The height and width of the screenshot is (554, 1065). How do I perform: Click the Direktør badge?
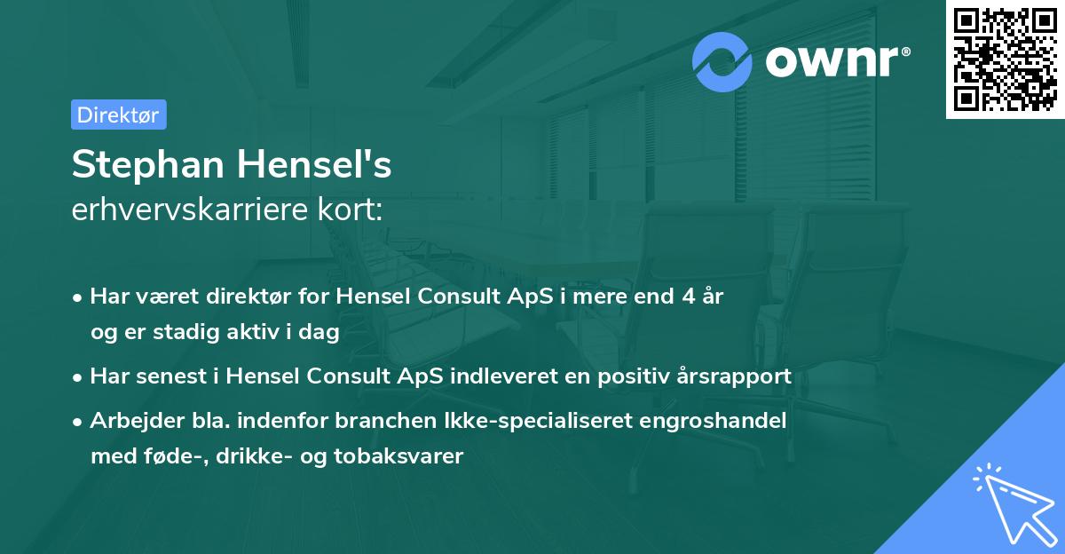click(118, 115)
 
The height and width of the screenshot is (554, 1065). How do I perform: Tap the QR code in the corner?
click(1005, 59)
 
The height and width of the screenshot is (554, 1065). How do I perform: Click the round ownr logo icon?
click(722, 61)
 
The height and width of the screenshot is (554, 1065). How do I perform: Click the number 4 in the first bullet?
click(687, 296)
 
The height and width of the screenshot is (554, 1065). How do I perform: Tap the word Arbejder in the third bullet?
click(128, 420)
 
